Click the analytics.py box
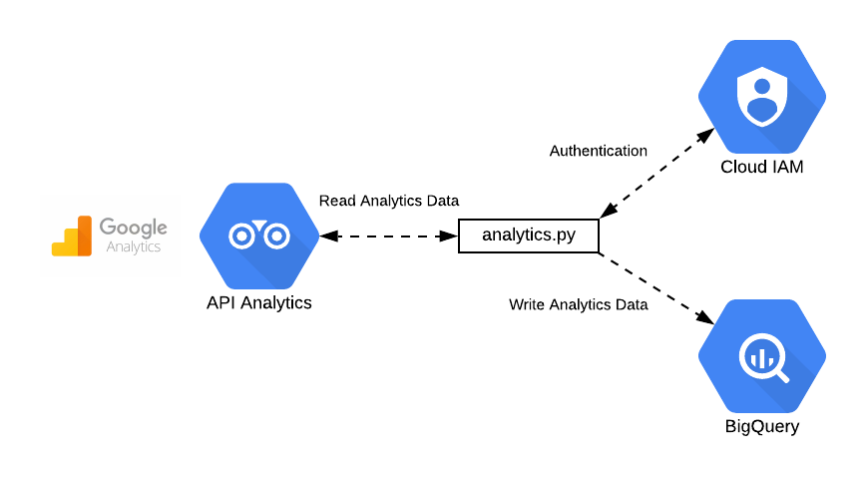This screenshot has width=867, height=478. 528,236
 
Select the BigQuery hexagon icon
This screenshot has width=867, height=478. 761,356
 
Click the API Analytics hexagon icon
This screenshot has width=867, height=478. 258,237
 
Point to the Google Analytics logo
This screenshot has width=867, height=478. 110,236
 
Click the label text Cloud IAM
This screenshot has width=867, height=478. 761,167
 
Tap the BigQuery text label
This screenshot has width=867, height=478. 761,427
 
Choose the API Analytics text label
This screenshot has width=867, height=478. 258,303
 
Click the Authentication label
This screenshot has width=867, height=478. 598,151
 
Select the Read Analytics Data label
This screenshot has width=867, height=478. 388,201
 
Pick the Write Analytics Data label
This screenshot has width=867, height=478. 578,304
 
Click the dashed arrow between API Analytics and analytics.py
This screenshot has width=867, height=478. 388,237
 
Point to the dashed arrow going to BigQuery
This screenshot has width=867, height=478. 655,288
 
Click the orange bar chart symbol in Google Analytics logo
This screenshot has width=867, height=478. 73,239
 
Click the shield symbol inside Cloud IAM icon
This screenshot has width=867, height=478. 761,95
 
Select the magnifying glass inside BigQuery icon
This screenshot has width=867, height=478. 765,359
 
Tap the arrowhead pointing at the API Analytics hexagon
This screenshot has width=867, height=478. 326,237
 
